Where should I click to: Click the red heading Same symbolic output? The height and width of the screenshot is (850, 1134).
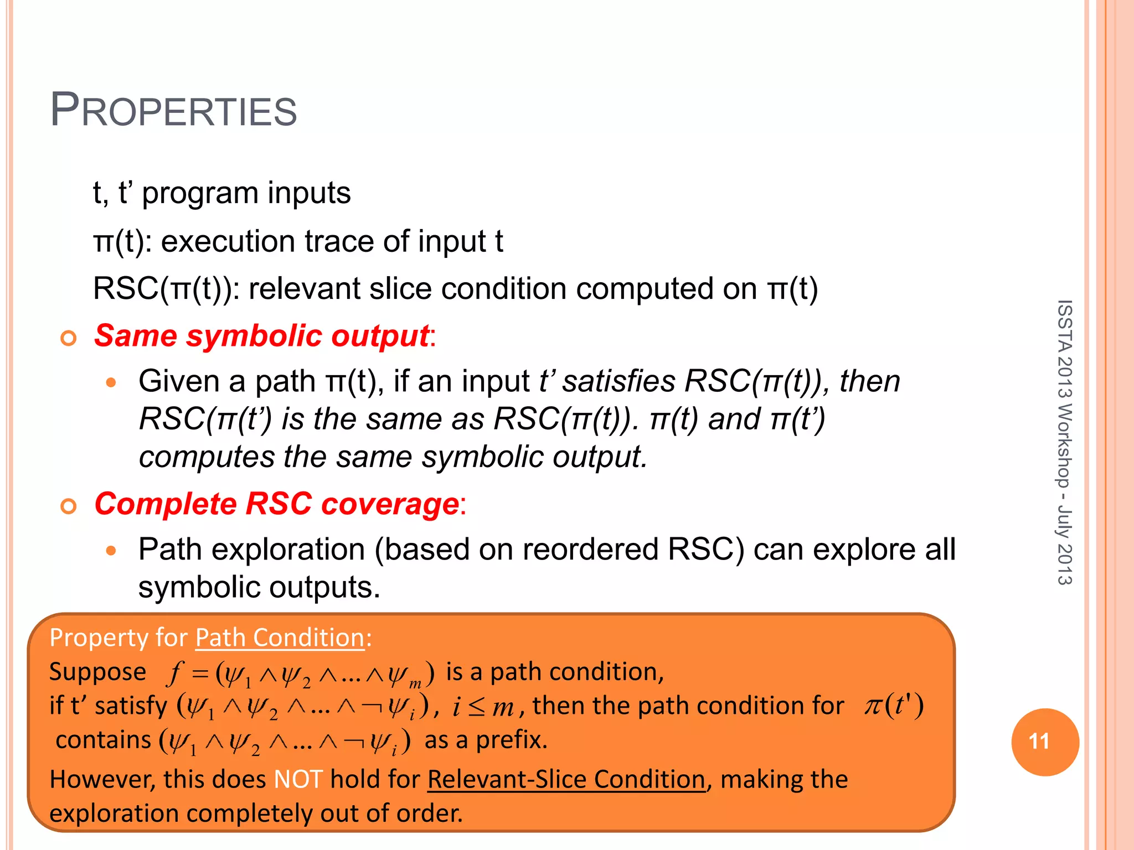point(261,336)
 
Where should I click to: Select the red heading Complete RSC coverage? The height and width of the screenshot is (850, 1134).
point(276,504)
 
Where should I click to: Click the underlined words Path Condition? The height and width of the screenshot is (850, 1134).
point(280,637)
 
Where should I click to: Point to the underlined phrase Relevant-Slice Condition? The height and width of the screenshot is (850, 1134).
point(566,779)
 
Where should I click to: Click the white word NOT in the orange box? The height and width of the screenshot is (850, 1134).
point(298,779)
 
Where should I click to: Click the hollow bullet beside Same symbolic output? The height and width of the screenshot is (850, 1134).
point(69,338)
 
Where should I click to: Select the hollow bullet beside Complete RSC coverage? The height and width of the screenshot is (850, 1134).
point(69,506)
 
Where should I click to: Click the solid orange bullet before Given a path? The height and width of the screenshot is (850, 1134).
point(111,382)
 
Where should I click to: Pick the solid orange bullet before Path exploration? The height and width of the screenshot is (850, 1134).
point(111,551)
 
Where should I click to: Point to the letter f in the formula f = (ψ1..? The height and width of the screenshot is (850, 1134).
point(175,673)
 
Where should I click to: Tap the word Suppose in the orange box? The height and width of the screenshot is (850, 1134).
point(97,672)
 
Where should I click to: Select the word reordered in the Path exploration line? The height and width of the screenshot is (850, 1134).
point(589,550)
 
